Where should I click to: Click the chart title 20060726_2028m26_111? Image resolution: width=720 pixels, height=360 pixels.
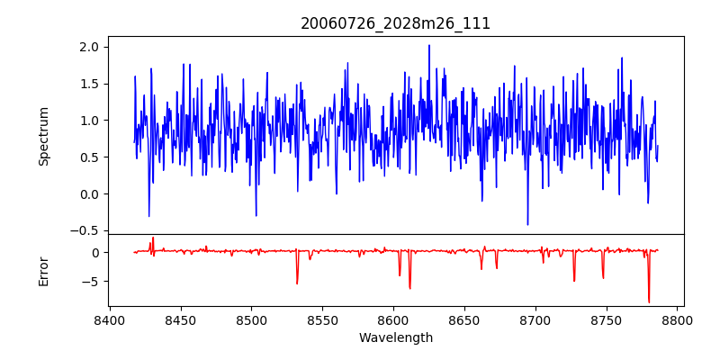point(395,23)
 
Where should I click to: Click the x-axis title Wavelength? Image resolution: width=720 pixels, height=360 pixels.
point(395,338)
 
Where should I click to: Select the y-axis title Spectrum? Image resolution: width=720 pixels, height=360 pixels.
point(44,136)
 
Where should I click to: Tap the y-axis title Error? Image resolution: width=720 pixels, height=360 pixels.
point(44,270)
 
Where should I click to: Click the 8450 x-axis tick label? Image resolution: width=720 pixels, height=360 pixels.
point(181,320)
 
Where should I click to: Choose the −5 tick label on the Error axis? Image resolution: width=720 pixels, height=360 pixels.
point(93,282)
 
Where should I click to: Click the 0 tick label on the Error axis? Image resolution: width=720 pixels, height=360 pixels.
point(96,253)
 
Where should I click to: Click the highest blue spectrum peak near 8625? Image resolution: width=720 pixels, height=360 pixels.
point(429,45)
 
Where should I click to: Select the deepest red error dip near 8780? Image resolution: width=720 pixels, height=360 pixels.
point(649,302)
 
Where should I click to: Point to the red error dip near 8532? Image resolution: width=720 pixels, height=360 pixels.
point(297,283)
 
